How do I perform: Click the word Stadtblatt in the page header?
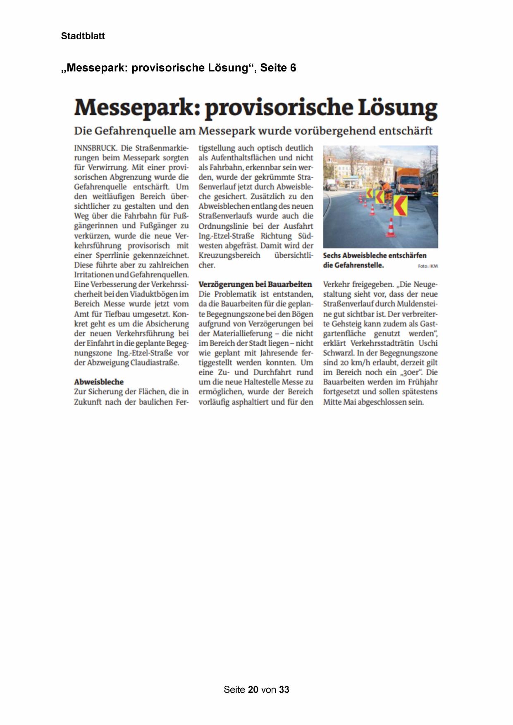coord(83,36)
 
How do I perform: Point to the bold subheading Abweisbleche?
coord(99,382)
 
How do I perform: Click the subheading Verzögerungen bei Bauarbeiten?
coord(255,284)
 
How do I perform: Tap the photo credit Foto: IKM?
coord(427,266)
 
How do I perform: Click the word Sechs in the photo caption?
coord(332,255)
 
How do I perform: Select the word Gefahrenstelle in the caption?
coord(359,265)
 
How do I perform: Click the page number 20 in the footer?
coord(253,689)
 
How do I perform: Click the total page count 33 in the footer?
coord(284,689)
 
